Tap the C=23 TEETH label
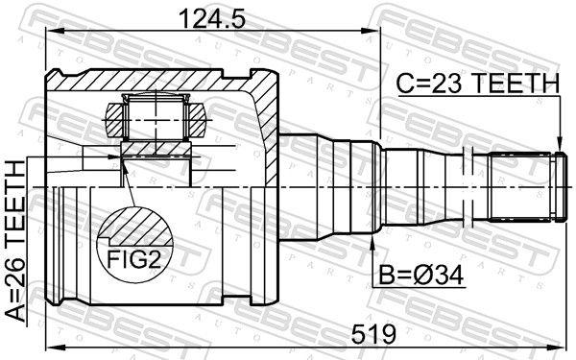[476, 84]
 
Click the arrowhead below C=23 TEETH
[559, 144]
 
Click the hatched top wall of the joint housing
[163, 79]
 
